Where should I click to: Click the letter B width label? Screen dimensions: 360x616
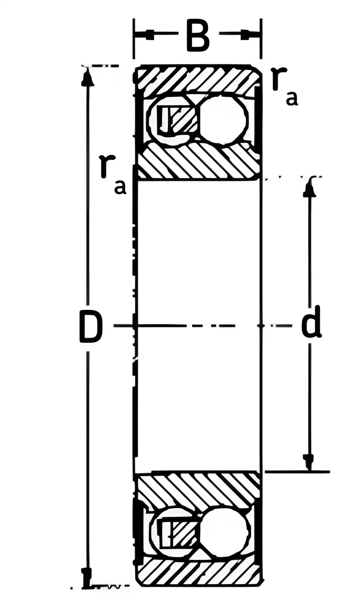pos(198,35)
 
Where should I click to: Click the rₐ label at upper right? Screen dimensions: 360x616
pos(284,87)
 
